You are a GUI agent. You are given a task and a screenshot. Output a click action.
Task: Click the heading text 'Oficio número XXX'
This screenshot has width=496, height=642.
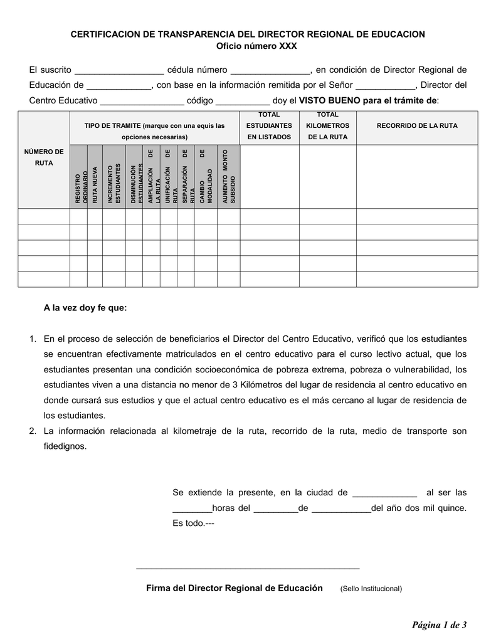point(247,46)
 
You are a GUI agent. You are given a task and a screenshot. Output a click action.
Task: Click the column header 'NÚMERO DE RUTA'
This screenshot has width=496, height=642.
point(43,157)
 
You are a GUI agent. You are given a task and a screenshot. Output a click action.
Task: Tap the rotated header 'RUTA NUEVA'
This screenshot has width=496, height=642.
point(95,184)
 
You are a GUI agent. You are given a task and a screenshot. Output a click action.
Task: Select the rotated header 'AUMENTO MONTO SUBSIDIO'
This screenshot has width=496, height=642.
point(228,177)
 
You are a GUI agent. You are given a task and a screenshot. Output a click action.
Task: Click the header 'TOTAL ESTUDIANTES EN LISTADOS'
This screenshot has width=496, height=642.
point(269,126)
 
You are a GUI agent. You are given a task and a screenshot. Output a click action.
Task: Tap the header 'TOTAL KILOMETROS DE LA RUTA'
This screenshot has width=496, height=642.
point(327,126)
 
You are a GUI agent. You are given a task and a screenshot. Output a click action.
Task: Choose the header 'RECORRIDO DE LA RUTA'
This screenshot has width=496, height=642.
point(416,126)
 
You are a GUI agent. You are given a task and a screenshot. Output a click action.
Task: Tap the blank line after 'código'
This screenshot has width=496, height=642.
point(242,102)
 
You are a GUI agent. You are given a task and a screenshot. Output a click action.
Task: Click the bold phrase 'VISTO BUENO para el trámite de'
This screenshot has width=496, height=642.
point(369,101)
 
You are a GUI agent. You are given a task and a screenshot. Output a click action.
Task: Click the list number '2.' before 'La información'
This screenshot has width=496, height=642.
point(33,431)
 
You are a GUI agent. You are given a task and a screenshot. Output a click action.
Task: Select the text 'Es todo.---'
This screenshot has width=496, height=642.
point(193,524)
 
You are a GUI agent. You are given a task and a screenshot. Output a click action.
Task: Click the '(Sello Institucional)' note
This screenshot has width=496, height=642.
point(371,589)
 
